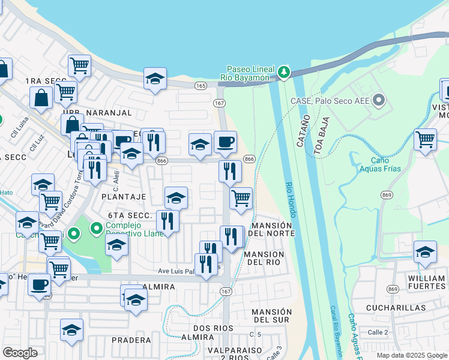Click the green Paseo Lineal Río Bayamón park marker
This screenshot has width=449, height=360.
coord(283,73)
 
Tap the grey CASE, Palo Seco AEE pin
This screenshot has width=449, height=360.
coord(378,100)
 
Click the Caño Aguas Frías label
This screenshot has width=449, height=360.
coord(376,164)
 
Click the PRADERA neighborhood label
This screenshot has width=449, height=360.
coord(131,340)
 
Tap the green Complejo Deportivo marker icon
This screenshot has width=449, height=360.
coord(96,229)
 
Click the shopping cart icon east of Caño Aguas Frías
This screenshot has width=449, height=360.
coord(425,139)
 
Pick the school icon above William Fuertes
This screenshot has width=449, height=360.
coord(425,252)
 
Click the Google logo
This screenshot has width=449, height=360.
coord(20,353)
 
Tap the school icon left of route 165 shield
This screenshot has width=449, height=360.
coord(155,79)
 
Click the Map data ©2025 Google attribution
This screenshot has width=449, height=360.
coord(412,355)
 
